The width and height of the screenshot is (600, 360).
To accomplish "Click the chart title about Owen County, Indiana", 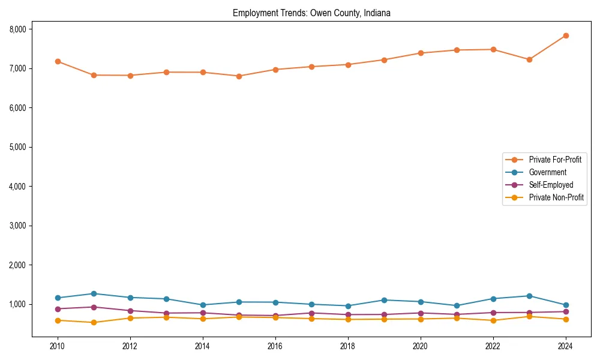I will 311,13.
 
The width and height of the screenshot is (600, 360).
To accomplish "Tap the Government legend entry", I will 547,172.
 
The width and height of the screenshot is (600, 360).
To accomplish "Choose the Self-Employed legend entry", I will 551,185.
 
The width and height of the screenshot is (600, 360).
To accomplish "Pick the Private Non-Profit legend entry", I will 556,197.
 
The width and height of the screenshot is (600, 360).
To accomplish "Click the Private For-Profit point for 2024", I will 566,35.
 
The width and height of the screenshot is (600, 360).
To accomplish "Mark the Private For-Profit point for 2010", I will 58,61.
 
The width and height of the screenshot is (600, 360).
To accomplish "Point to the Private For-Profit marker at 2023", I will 529,59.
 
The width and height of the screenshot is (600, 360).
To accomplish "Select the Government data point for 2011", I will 94,293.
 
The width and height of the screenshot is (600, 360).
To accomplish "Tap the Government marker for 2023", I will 529,296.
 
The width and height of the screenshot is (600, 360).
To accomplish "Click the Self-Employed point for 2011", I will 94,307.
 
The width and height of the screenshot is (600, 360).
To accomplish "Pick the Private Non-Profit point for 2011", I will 94,322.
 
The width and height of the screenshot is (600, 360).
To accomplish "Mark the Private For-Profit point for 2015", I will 239,76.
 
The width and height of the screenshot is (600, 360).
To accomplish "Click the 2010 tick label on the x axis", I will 58,346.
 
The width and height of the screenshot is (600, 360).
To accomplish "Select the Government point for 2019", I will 384,300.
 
